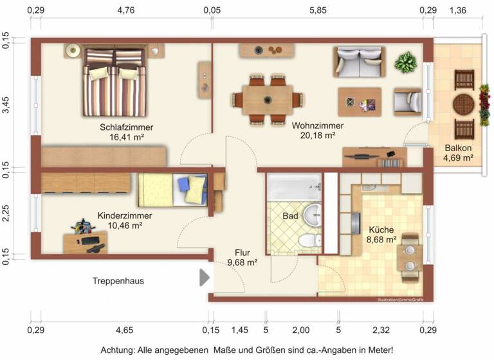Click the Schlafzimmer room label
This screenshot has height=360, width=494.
point(126,127)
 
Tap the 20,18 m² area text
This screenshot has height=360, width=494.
point(318,136)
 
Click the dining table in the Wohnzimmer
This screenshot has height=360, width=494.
point(267,100)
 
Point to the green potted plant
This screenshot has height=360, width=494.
point(406,63)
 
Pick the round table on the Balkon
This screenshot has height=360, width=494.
point(464,104)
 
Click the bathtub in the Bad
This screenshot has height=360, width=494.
point(293,188)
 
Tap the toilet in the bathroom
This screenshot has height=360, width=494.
point(308,240)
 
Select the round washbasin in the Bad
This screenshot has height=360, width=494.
point(313,214)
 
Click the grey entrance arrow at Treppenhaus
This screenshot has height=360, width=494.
point(205,278)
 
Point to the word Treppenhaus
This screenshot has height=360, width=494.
point(118,281)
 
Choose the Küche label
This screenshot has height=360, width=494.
point(381,229)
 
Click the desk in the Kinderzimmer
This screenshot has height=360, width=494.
point(85,242)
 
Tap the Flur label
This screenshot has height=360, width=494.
point(242,253)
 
